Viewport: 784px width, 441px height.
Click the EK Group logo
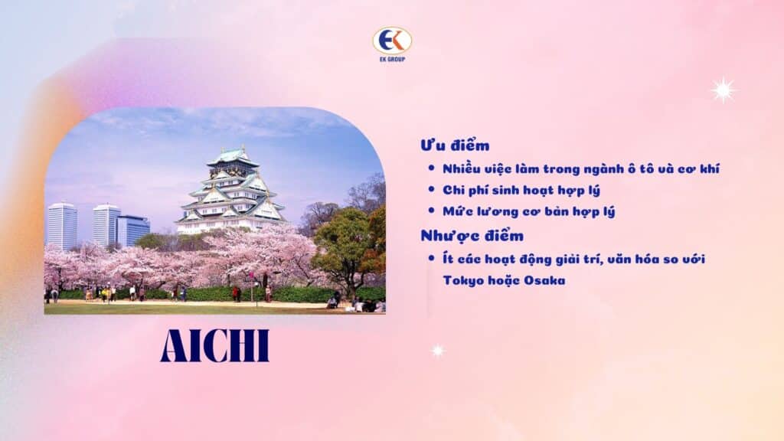(392, 44)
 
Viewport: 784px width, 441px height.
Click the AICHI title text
(214, 347)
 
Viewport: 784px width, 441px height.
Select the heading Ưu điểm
(455, 145)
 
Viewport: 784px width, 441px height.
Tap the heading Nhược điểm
(472, 235)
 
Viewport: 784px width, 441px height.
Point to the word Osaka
(546, 280)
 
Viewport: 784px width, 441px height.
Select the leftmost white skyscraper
(61, 225)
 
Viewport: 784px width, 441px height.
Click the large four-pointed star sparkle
(723, 90)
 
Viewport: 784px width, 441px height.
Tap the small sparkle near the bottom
(437, 351)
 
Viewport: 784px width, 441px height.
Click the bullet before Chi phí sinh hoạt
(433, 190)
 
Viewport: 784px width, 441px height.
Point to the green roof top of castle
(232, 154)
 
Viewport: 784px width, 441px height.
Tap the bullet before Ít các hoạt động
(433, 259)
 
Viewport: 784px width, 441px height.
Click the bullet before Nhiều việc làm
(433, 168)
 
